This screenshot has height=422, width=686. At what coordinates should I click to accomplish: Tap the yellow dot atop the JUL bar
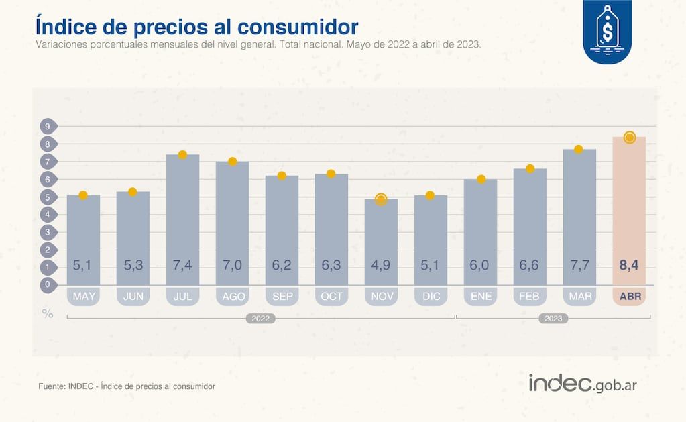pyautogui.click(x=182, y=154)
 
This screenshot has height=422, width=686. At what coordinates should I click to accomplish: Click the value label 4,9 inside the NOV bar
pyautogui.click(x=381, y=266)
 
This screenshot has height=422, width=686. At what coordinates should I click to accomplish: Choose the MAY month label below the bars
pyautogui.click(x=83, y=296)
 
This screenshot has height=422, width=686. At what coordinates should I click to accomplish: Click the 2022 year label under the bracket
pyautogui.click(x=261, y=319)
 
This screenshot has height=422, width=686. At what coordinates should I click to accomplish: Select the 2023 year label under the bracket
pyautogui.click(x=553, y=319)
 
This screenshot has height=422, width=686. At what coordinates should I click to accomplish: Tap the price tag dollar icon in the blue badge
pyautogui.click(x=607, y=31)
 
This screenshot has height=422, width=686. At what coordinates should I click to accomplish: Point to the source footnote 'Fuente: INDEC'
pyautogui.click(x=127, y=386)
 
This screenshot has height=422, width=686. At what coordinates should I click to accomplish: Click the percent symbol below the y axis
pyautogui.click(x=48, y=313)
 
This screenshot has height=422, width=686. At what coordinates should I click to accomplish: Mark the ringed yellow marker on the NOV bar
pyautogui.click(x=381, y=199)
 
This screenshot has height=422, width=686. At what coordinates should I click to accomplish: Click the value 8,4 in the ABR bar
pyautogui.click(x=629, y=266)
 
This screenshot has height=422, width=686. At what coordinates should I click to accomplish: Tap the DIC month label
pyautogui.click(x=431, y=296)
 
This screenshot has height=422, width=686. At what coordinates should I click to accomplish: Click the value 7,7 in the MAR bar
pyautogui.click(x=579, y=266)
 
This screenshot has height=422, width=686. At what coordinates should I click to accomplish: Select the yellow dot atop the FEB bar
pyautogui.click(x=530, y=168)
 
